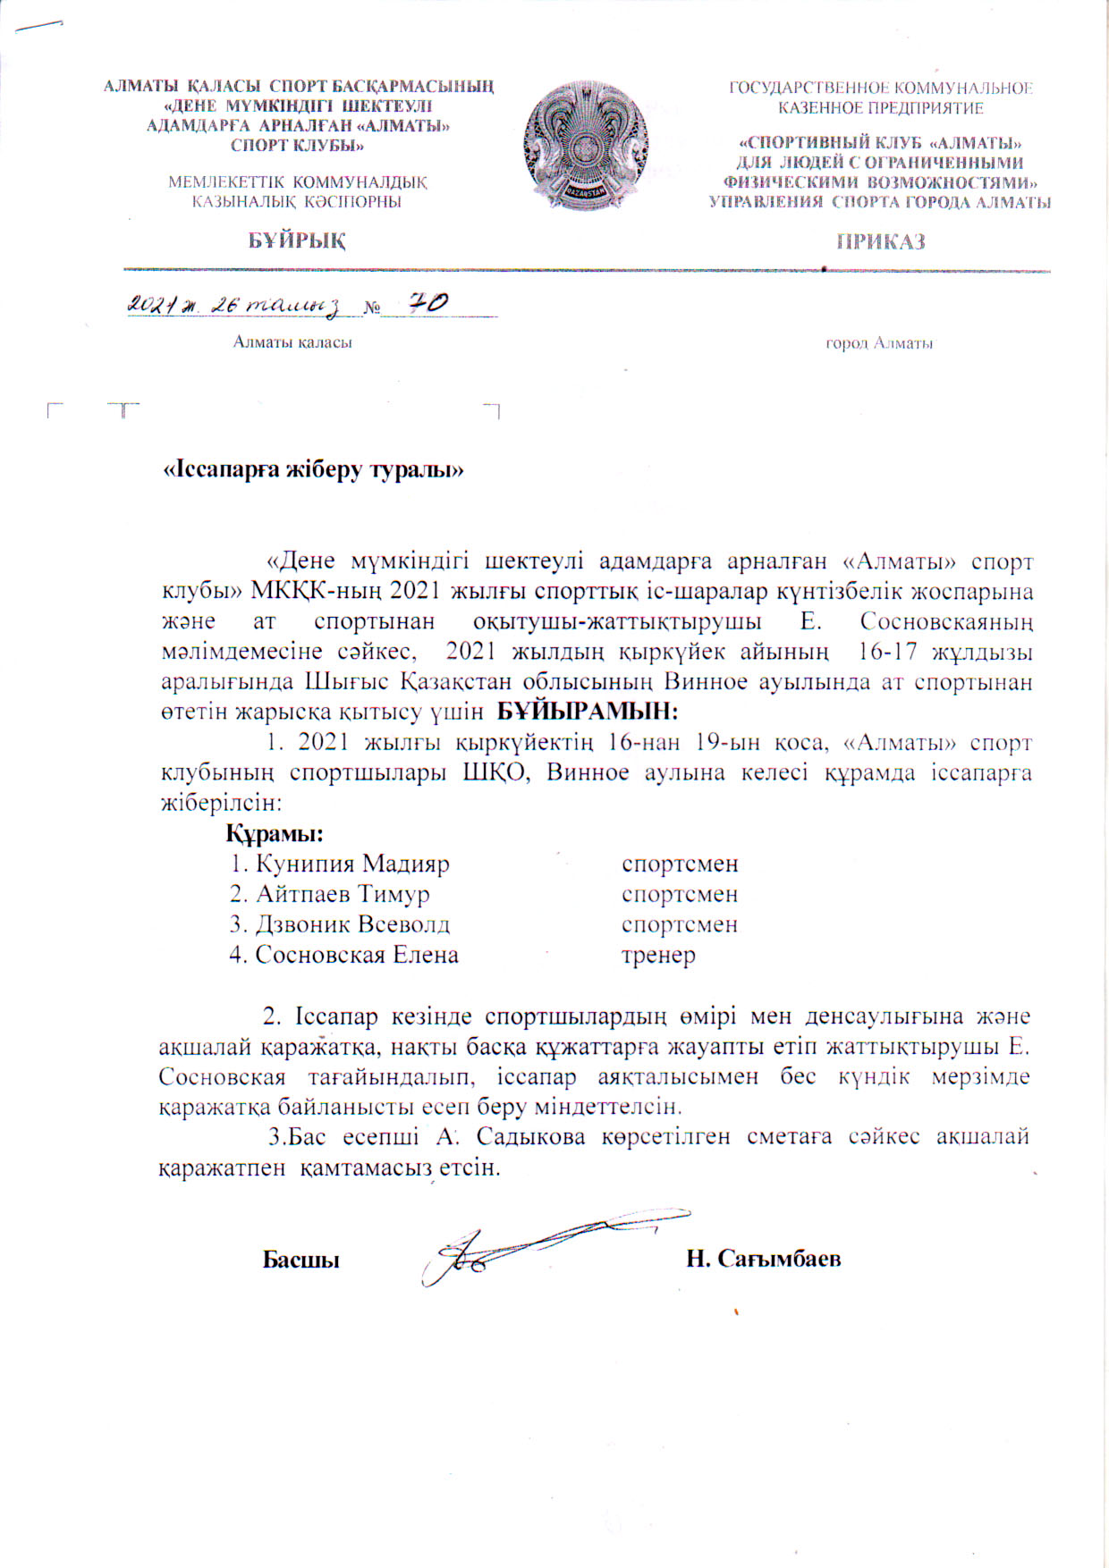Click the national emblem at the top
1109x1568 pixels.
587,145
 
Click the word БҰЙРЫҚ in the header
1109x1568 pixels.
298,240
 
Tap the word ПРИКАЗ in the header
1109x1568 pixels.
880,241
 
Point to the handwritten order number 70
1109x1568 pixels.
428,304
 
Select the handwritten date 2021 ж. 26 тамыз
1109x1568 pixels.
234,306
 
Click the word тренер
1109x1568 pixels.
658,955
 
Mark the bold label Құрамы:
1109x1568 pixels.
274,834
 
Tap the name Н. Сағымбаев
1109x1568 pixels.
763,1259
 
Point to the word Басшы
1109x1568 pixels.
301,1260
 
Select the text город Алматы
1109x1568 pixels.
879,343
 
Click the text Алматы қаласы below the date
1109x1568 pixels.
292,342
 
